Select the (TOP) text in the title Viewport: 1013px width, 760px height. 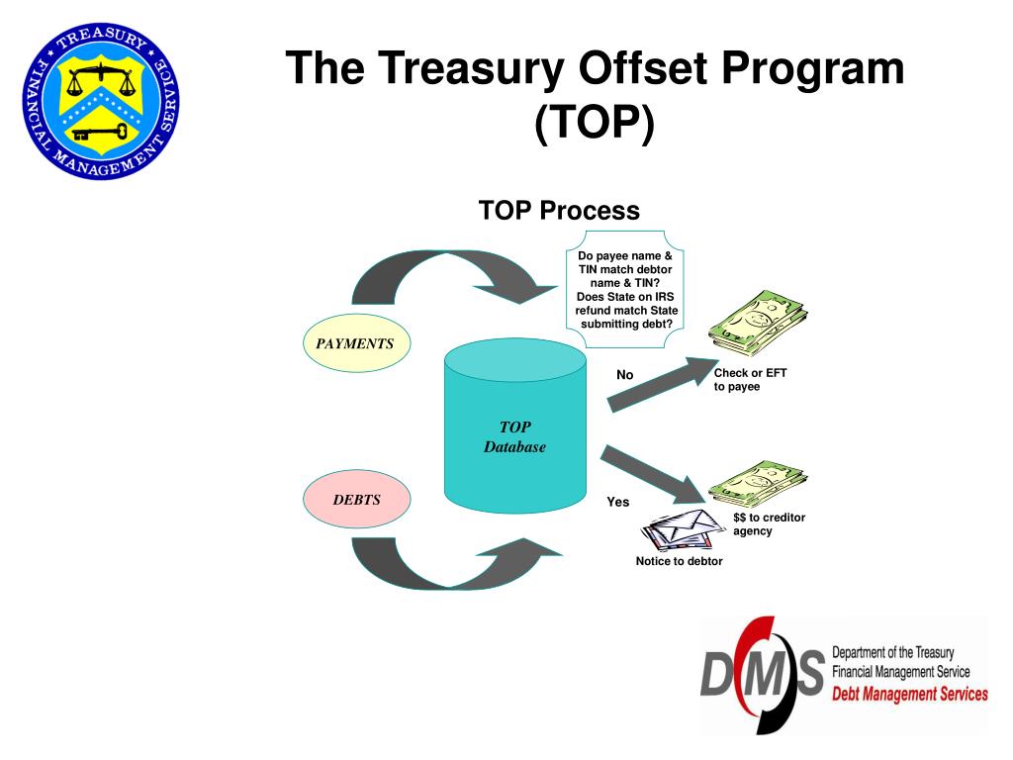pyautogui.click(x=595, y=124)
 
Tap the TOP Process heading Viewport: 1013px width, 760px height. pyautogui.click(x=559, y=211)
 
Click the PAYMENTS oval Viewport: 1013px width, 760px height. pyautogui.click(x=355, y=344)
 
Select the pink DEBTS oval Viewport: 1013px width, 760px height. pyautogui.click(x=356, y=500)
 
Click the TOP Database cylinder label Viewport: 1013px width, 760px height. pyautogui.click(x=514, y=437)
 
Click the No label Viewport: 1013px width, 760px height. pyautogui.click(x=624, y=375)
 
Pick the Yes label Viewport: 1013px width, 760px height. pyautogui.click(x=617, y=502)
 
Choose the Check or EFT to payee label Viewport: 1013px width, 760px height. pyautogui.click(x=750, y=380)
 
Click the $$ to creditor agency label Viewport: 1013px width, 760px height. pyautogui.click(x=769, y=524)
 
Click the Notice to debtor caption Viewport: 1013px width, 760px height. pyautogui.click(x=679, y=561)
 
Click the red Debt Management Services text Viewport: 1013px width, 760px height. pyautogui.click(x=909, y=694)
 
